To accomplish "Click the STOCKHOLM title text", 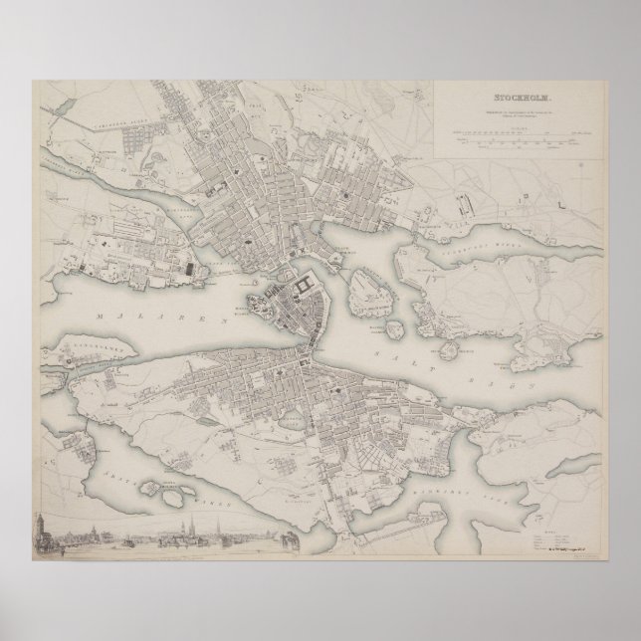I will click(x=521, y=98).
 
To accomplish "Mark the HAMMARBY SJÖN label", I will click(x=443, y=460).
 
